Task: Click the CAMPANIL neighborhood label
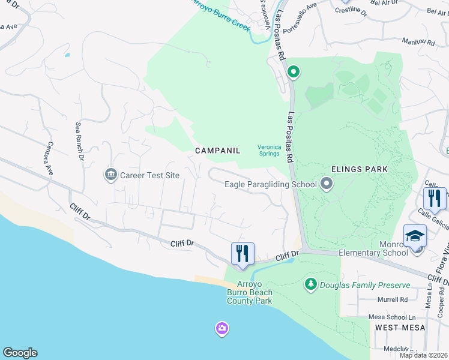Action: tap(217, 151)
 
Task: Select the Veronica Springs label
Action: tap(268, 150)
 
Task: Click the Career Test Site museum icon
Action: tap(110, 175)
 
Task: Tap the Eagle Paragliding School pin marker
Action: tap(326, 184)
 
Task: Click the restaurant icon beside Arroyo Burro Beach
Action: tap(243, 253)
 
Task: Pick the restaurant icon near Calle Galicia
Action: tap(435, 199)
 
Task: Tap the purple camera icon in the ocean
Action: tap(221, 328)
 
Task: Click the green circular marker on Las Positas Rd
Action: tap(293, 73)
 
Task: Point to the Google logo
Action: tap(20, 353)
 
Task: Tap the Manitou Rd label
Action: tap(418, 42)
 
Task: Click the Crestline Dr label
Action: tap(351, 10)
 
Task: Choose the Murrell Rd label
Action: tap(393, 299)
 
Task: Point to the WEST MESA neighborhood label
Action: tap(400, 328)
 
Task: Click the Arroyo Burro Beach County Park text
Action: tap(249, 292)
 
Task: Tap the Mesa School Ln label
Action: tap(396, 317)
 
